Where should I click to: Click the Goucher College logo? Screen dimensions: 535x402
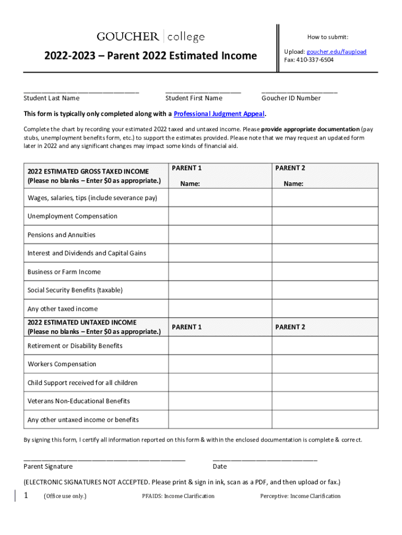[x=150, y=37]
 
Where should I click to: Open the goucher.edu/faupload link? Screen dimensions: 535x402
[x=336, y=52]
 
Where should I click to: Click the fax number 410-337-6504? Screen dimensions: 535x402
[x=316, y=60]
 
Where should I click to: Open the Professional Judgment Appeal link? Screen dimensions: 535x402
[x=219, y=114]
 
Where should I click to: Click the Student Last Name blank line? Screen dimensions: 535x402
[x=81, y=90]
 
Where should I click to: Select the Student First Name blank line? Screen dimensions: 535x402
[x=203, y=90]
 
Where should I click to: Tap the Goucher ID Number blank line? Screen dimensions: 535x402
[x=299, y=90]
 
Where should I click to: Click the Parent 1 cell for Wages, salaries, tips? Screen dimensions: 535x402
[x=220, y=198]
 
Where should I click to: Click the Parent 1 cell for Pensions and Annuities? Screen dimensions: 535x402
[x=220, y=235]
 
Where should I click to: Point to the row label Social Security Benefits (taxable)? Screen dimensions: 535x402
[x=75, y=290]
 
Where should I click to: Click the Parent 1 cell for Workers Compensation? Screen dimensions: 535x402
[x=220, y=364]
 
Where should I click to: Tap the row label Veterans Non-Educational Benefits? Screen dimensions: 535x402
[x=79, y=401]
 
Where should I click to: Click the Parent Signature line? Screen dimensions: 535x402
[x=104, y=458]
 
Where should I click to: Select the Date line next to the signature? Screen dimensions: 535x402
[x=265, y=458]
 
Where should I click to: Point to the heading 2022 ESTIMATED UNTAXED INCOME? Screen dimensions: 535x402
[x=82, y=322]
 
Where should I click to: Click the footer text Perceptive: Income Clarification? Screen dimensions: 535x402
[x=300, y=496]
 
